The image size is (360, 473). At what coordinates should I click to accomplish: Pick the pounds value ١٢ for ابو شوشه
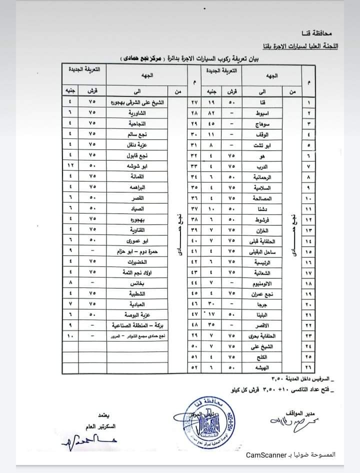click(x=70, y=165)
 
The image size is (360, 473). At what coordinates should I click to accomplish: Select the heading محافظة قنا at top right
click(x=324, y=34)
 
